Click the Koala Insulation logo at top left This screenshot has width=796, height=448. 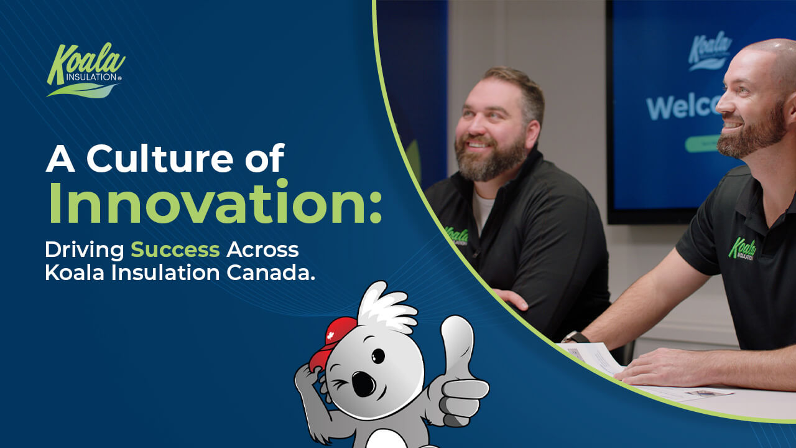pos(86,70)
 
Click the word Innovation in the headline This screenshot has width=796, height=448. pos(215,202)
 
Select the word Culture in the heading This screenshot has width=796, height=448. pos(160,159)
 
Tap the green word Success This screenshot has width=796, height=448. pos(175,250)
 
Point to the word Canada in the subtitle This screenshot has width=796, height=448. pos(271,273)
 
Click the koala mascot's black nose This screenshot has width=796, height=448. pos(363,384)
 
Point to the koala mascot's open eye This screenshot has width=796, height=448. pos(377,356)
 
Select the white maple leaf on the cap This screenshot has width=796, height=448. pos(330,335)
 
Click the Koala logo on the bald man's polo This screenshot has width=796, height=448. pos(742,248)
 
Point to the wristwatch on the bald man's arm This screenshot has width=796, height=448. pos(575,337)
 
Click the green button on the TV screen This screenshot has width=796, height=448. pos(702,144)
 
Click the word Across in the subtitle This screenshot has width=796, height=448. pos(262,250)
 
